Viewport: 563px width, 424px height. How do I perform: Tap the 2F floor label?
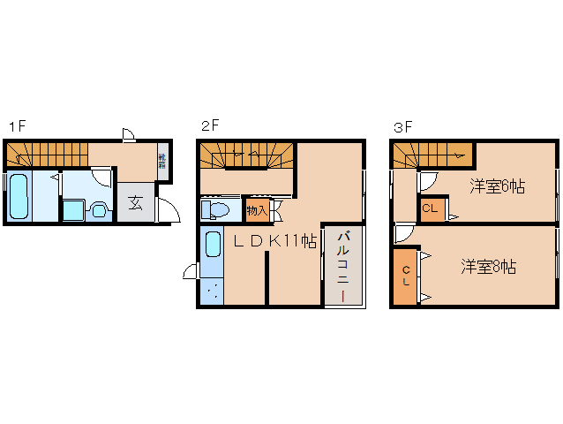209,125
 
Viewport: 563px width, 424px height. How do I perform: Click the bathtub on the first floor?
19,196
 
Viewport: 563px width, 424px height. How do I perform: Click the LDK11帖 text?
274,240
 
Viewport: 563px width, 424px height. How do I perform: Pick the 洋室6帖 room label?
497,186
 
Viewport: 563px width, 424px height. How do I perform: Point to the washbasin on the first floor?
97,210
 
